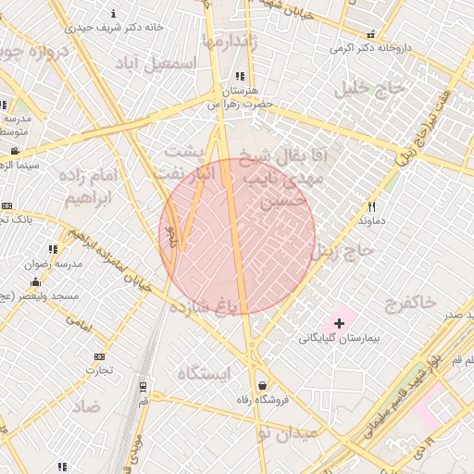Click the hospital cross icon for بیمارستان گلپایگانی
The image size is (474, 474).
[x=340, y=323]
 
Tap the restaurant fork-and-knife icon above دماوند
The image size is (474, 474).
[x=372, y=207]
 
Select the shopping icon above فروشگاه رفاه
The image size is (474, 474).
[x=262, y=385]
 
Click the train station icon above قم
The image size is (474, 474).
[x=143, y=387]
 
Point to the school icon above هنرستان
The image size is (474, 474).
[x=241, y=77]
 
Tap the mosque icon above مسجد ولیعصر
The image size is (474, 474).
[x=36, y=281]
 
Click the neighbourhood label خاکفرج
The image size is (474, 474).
[x=407, y=302]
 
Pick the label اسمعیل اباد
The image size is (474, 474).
[x=158, y=63]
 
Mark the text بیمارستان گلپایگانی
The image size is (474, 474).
[x=333, y=339]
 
